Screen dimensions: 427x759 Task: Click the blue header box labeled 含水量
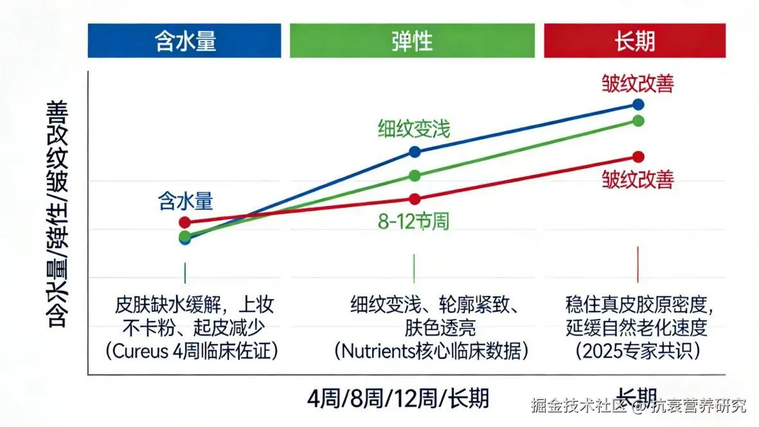(184, 41)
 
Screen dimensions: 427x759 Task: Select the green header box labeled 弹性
(412, 41)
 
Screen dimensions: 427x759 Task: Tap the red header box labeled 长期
(634, 41)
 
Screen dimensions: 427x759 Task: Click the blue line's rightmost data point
(638, 104)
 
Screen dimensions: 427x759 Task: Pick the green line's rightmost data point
(638, 121)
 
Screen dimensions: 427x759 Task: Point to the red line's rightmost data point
(638, 157)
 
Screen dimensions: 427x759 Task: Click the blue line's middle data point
(415, 152)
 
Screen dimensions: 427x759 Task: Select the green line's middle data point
(415, 176)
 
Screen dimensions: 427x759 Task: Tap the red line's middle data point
(415, 199)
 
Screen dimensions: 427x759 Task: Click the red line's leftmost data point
(185, 223)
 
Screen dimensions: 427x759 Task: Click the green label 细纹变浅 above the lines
(414, 129)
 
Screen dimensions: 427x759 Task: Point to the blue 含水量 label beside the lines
(185, 201)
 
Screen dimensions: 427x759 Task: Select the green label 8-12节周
(413, 222)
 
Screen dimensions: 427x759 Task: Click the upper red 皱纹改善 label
(638, 84)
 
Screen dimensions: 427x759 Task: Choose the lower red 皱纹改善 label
(638, 179)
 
